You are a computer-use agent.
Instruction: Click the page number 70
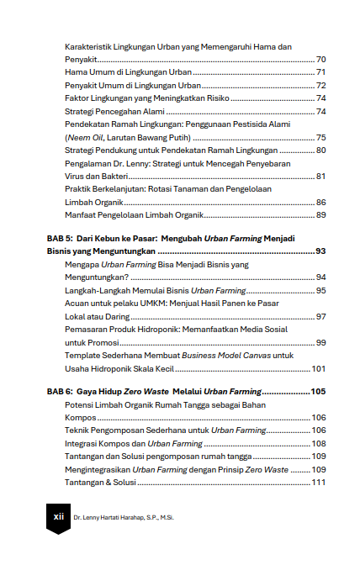click(320, 61)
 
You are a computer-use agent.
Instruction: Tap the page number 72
click(320, 86)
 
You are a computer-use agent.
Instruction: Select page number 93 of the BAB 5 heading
click(320, 251)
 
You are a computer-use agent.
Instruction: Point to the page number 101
click(319, 368)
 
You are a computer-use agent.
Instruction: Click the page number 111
click(319, 483)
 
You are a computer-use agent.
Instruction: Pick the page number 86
click(320, 203)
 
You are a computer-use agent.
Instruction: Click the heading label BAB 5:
click(61, 239)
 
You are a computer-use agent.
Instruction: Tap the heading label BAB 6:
click(61, 392)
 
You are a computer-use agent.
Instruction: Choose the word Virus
click(76, 176)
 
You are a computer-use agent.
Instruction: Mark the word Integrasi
click(83, 443)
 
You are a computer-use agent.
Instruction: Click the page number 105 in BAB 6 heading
click(317, 392)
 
